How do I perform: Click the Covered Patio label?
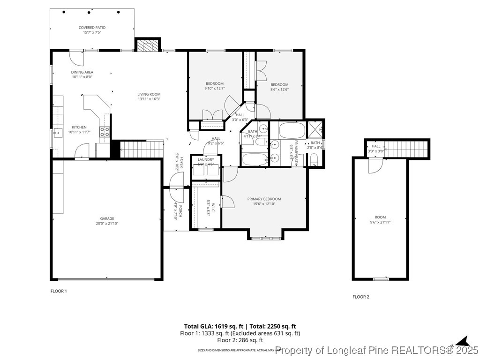click(92, 28)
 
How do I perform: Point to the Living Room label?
click(149, 94)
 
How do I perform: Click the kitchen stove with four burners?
click(105, 132)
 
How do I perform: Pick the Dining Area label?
click(82, 72)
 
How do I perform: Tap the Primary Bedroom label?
click(264, 199)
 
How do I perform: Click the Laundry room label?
click(205, 160)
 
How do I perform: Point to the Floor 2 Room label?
click(380, 217)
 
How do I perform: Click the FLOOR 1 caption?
click(59, 291)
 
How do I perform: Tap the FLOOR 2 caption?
click(361, 297)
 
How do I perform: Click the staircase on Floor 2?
click(406, 150)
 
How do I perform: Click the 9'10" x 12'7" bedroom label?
click(214, 83)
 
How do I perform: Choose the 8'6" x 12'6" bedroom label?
click(279, 85)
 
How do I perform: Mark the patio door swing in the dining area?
click(75, 58)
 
